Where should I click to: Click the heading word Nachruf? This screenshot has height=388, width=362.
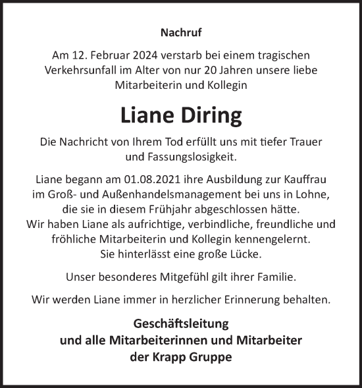(180, 30)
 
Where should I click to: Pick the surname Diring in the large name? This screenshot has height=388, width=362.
(210, 115)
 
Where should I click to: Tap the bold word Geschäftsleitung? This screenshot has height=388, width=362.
(180, 324)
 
